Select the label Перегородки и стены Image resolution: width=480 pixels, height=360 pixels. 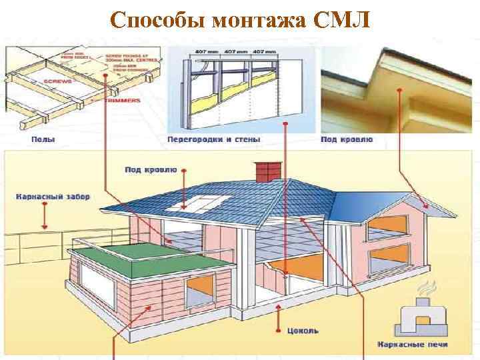click(213, 139)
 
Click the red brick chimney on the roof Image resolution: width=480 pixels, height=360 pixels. click(266, 171)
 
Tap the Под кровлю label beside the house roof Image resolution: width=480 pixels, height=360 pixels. click(149, 170)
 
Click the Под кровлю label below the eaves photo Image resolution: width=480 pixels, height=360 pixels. click(347, 139)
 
